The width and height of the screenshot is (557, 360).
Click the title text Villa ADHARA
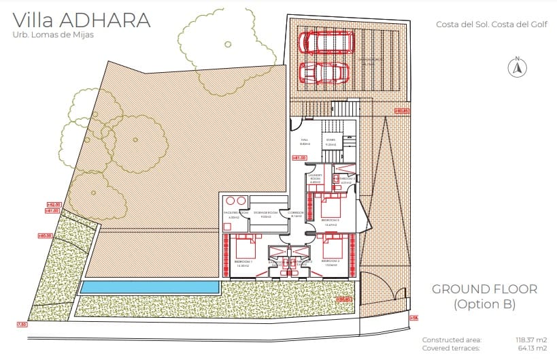point(81,20)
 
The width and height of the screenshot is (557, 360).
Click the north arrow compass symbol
point(517,67)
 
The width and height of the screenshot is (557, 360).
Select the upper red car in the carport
point(328,42)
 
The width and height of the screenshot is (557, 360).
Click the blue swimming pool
point(150,287)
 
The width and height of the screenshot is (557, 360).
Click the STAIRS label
point(331,142)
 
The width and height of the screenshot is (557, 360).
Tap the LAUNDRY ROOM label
point(315,179)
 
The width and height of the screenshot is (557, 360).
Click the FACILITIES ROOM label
point(233,214)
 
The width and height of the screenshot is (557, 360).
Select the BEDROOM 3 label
point(331,220)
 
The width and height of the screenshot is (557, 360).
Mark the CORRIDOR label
point(295,214)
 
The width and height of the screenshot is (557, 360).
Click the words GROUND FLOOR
point(484,289)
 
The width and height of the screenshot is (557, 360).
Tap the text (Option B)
point(484,304)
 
